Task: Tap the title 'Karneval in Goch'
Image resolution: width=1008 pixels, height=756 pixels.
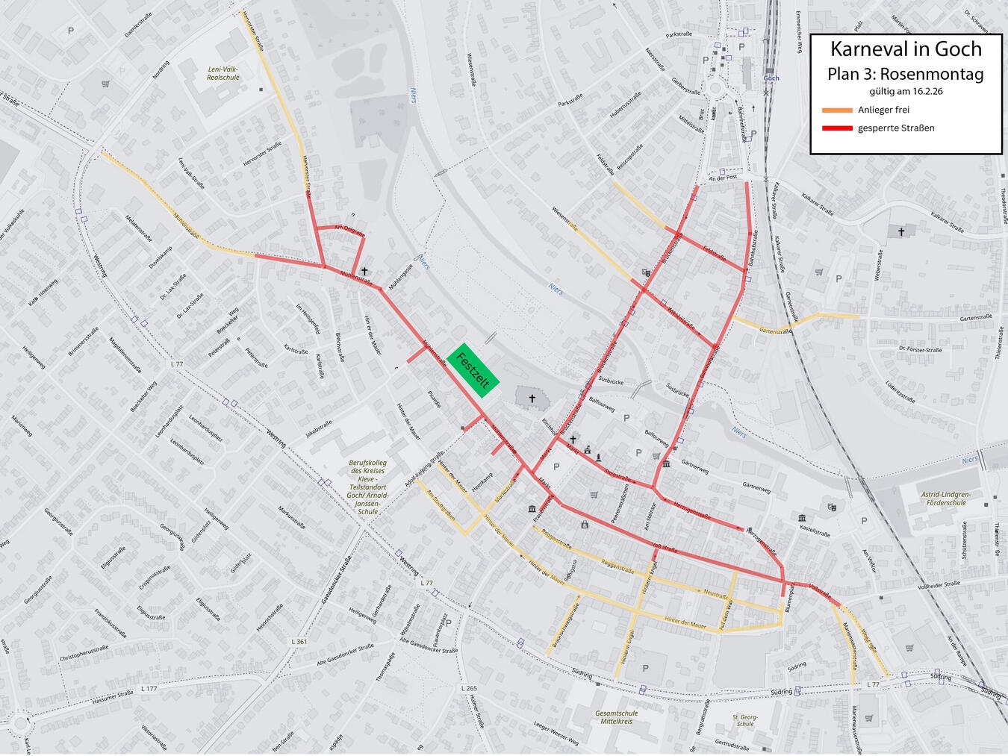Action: [x=906, y=49]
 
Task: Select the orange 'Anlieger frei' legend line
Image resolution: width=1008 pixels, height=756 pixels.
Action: [x=837, y=110]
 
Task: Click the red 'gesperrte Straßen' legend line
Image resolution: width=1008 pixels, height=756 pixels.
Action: [x=837, y=128]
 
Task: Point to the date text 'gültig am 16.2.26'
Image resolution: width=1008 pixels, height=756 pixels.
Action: [x=906, y=91]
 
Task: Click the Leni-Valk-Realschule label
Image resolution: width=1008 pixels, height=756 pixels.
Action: [x=223, y=73]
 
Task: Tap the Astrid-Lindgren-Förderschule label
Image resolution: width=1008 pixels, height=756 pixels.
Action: [x=946, y=499]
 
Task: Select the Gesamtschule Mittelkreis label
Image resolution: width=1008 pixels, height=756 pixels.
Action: [x=617, y=717]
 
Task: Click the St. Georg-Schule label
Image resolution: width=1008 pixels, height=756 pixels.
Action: [x=744, y=720]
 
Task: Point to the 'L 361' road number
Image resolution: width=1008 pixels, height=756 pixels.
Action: [x=299, y=642]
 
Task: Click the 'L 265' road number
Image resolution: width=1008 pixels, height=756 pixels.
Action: [x=469, y=688]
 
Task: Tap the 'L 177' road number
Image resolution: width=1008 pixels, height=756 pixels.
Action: [x=149, y=689]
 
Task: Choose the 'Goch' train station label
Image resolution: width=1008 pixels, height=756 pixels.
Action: [x=771, y=78]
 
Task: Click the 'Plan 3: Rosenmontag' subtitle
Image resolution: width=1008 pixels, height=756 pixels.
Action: [x=906, y=74]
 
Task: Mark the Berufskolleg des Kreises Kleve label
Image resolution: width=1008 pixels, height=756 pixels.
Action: [x=367, y=487]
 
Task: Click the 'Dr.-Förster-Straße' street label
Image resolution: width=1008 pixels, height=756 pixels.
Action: [x=921, y=349]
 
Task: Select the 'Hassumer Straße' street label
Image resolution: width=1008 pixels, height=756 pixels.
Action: [x=113, y=698]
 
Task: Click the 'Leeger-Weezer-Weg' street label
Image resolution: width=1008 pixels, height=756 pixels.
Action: [x=556, y=734]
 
